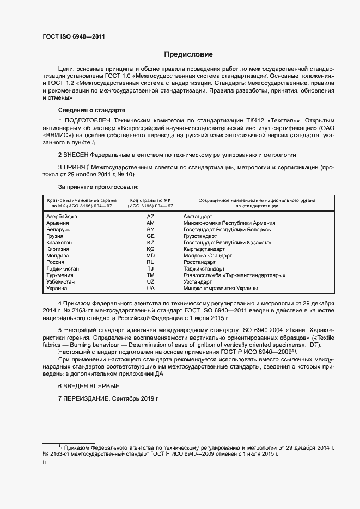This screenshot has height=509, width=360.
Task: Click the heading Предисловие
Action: tap(188, 54)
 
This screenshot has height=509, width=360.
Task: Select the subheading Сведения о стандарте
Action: tap(84, 109)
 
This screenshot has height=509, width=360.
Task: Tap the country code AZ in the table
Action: tap(151, 217)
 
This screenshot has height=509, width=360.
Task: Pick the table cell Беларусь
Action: tap(58, 230)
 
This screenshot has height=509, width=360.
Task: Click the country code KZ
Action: tap(151, 243)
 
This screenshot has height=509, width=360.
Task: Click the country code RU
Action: tap(151, 262)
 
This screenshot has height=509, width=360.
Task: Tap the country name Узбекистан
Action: tap(61, 282)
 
